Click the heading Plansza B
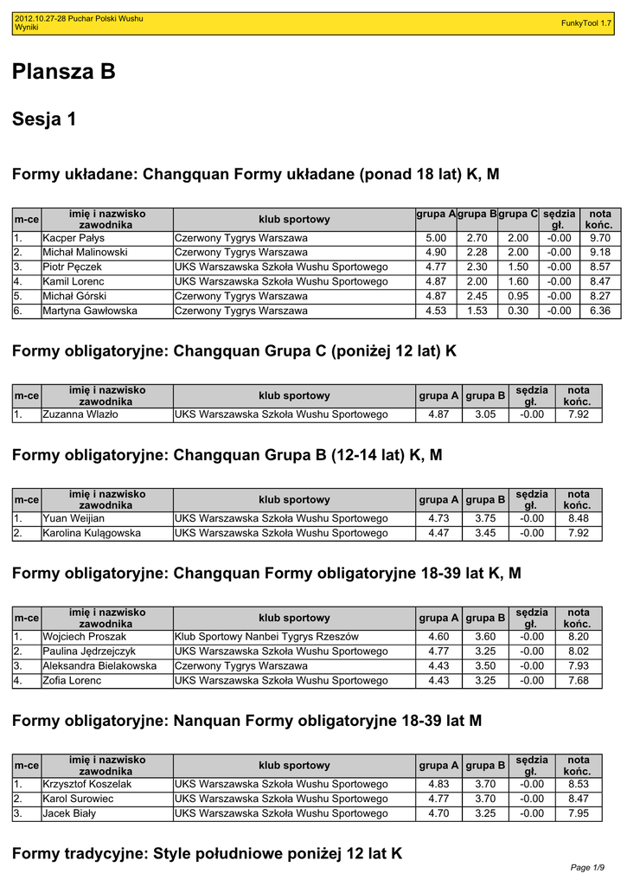pos(64,73)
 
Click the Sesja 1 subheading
pos(44,119)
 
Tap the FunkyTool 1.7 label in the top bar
pos(586,23)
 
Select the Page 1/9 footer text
pos(588,867)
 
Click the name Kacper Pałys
pos(74,238)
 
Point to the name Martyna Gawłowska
pos(90,311)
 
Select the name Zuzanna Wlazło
pos(80,414)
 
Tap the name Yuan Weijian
pos(74,518)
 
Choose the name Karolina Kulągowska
pos(92,533)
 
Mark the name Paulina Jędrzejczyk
pos(89,652)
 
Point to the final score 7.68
pos(579,681)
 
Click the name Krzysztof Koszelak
pos(87,784)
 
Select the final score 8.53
pos(579,784)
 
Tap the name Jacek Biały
pos(69,813)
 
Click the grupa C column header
pos(518,214)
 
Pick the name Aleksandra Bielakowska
pos(99,666)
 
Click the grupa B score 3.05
pos(485,414)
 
